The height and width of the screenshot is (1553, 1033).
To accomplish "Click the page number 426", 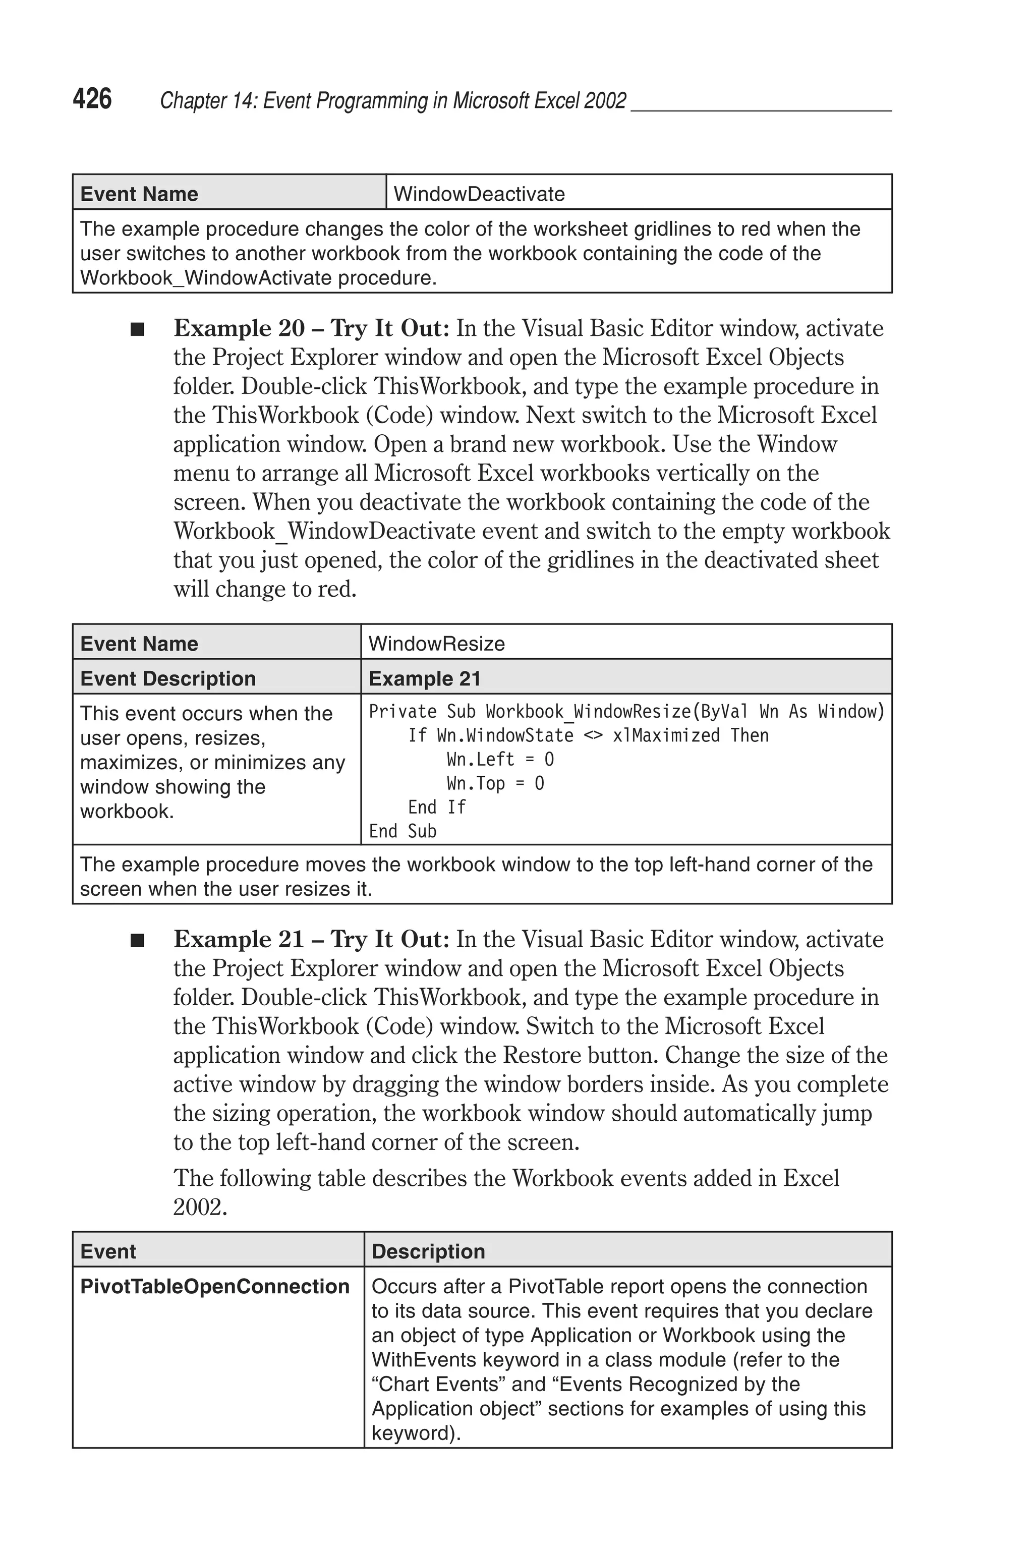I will click(92, 99).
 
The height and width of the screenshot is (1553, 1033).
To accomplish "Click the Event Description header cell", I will click(168, 678).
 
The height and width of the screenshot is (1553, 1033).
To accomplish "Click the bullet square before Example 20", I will click(137, 329).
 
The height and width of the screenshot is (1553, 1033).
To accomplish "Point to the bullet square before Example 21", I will click(137, 941).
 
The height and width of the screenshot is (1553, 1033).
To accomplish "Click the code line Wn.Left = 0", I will click(500, 760).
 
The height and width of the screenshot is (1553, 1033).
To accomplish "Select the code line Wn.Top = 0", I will click(495, 783).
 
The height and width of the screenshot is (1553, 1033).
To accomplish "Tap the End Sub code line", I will click(403, 831).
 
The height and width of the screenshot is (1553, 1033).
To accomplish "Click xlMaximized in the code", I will click(666, 735).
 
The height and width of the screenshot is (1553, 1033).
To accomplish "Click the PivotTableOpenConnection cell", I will click(215, 1286).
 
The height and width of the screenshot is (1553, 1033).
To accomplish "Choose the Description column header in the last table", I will click(428, 1251).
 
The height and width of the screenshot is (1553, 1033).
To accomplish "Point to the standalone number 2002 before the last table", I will click(200, 1206).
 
